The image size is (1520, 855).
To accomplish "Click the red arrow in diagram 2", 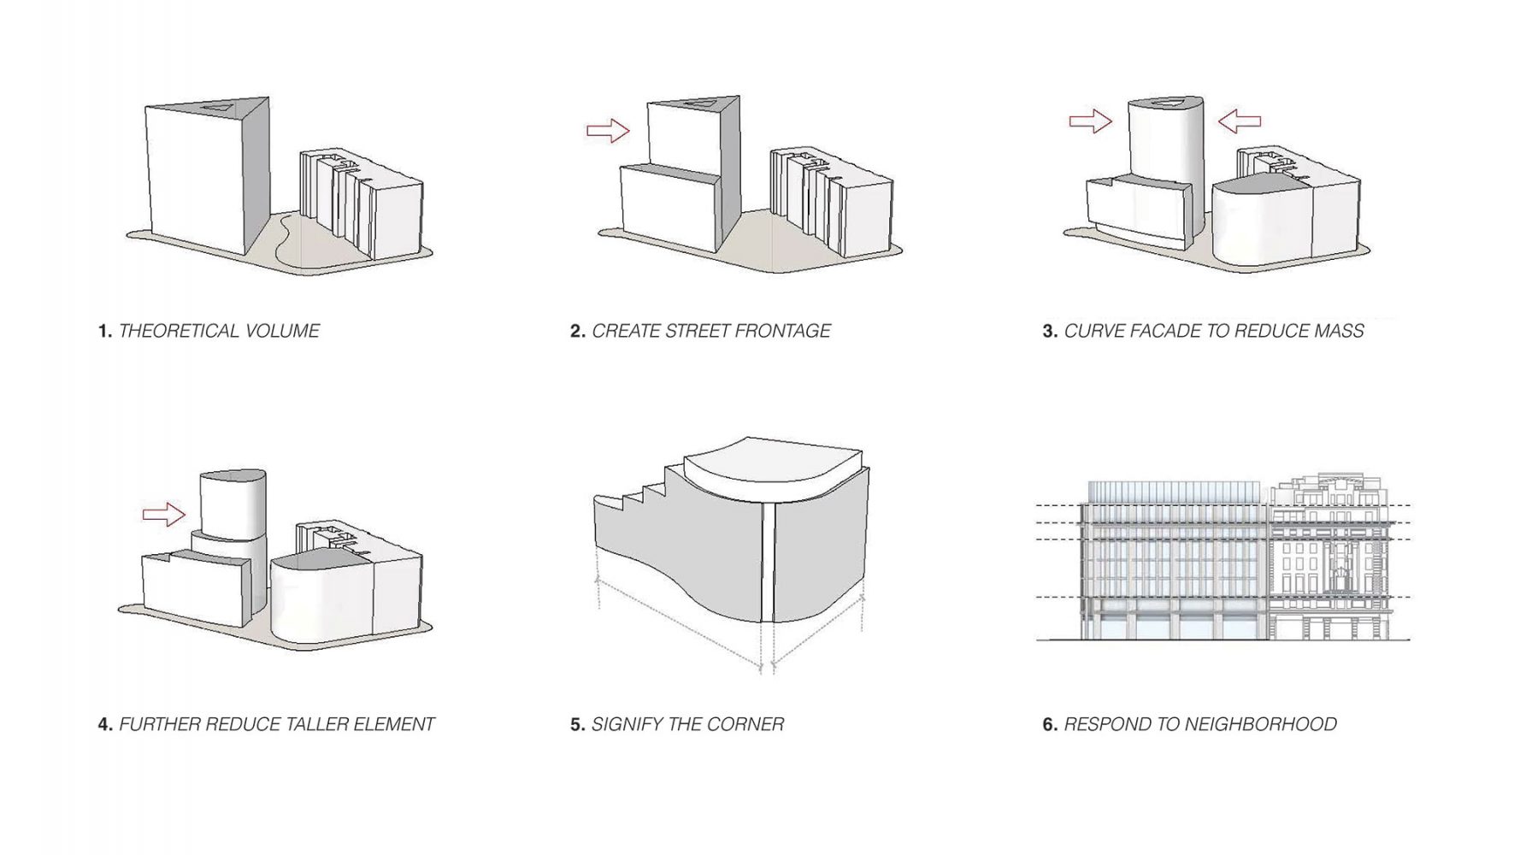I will [x=608, y=131].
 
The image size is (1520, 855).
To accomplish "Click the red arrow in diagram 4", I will [x=163, y=514].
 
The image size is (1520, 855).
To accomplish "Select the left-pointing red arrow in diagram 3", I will [x=1239, y=121].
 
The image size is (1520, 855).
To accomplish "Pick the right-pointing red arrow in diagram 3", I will [x=1091, y=121].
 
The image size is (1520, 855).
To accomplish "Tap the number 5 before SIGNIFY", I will [x=577, y=724].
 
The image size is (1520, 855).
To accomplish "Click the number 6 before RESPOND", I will [x=1050, y=724].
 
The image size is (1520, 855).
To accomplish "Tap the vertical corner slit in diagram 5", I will [x=768, y=560].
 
